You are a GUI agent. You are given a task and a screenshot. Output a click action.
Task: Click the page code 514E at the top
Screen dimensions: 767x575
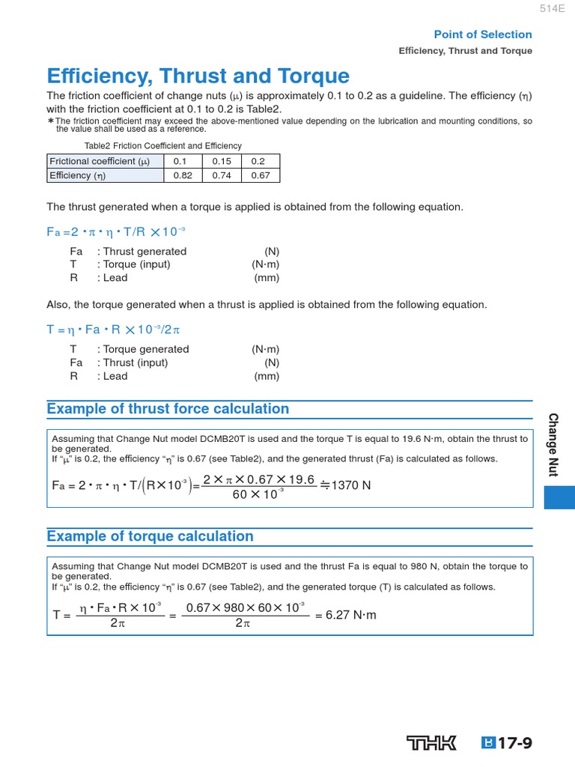point(551,9)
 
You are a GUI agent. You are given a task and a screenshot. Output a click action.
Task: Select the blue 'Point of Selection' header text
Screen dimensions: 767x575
point(483,34)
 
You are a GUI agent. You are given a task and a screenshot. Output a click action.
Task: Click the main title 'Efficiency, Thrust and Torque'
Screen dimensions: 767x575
point(198,76)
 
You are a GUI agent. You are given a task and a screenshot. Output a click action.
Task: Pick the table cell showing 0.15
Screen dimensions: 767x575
point(222,161)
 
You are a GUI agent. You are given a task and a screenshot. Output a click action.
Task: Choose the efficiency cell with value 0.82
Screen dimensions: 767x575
point(183,175)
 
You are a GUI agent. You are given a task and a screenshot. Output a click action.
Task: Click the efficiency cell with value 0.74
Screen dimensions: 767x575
point(222,175)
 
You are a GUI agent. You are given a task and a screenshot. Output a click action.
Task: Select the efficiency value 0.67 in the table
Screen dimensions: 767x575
point(260,175)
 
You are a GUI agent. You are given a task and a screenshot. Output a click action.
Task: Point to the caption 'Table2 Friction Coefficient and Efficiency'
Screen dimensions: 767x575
point(163,146)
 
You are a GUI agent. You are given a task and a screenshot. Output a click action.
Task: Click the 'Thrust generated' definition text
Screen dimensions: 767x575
point(144,251)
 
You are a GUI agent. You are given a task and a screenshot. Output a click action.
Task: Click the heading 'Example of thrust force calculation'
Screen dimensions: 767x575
point(168,409)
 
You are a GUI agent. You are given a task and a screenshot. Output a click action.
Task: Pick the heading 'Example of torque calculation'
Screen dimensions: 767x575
point(150,536)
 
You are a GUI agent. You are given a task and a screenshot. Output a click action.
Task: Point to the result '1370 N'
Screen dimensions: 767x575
point(351,485)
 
